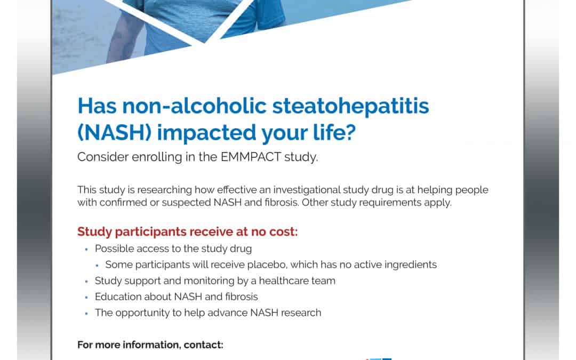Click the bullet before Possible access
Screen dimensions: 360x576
pos(86,249)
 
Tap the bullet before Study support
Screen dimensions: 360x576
pos(86,281)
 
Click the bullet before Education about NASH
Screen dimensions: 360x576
pos(86,297)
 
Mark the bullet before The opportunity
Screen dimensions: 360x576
pos(86,313)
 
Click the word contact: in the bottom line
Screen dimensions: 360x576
pos(204,345)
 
